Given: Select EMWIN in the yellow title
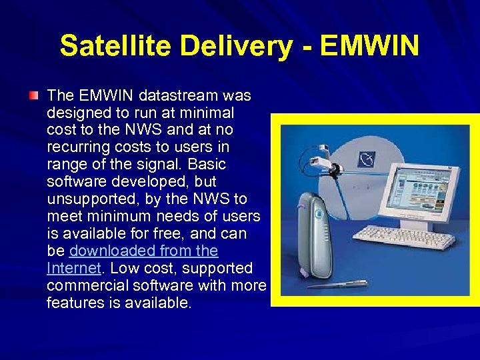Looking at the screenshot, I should click(x=369, y=47).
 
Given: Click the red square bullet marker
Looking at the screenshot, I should click(x=33, y=96).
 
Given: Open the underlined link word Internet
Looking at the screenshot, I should click(x=73, y=269).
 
